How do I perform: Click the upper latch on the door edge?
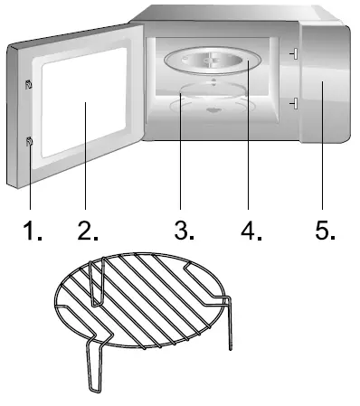pos(30,85)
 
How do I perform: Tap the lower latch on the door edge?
pos(30,141)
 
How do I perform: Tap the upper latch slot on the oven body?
pos(294,56)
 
